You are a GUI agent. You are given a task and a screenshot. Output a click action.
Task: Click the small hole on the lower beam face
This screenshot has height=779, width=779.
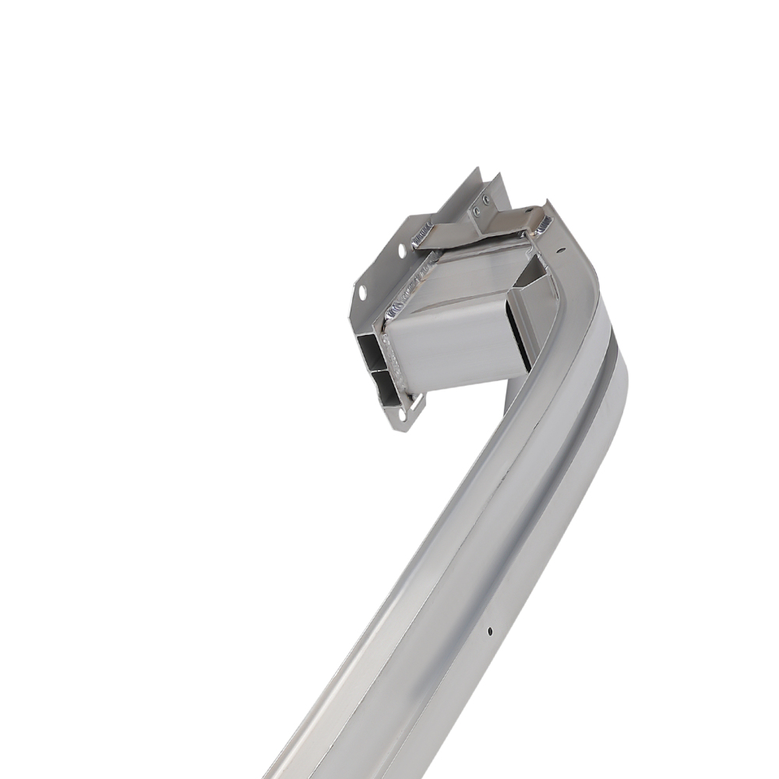pos(488,630)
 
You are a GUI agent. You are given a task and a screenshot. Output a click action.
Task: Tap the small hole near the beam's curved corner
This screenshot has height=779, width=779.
pos(559,251)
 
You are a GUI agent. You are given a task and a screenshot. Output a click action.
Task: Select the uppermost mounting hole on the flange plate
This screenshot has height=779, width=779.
pos(403,251)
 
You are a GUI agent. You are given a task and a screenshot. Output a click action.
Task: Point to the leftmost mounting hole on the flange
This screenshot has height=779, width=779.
pos(362,293)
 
